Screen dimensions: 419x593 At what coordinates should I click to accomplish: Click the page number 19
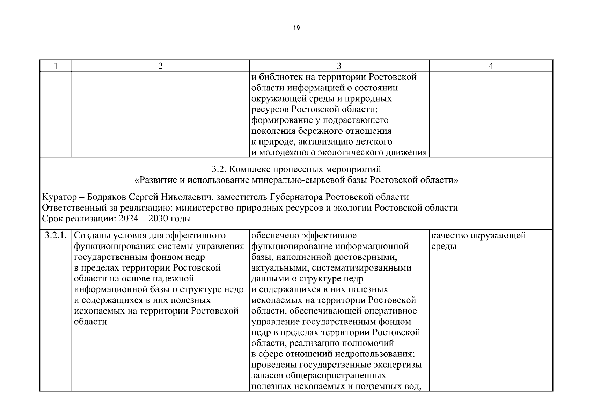(x=296, y=28)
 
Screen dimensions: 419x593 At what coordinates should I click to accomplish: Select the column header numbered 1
(x=56, y=66)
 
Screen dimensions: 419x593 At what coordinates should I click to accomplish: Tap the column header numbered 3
(x=339, y=66)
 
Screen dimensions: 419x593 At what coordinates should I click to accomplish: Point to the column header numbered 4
(x=491, y=66)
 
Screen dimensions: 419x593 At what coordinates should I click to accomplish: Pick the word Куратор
(x=59, y=197)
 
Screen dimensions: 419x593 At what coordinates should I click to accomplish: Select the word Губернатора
(x=296, y=197)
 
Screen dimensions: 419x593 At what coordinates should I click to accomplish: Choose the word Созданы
(x=90, y=236)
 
